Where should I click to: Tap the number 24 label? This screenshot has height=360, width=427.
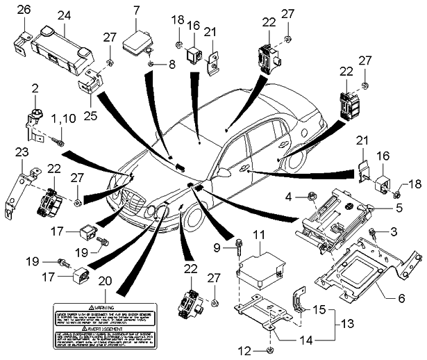(x=64, y=15)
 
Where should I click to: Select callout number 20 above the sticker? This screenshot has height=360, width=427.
(x=106, y=281)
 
